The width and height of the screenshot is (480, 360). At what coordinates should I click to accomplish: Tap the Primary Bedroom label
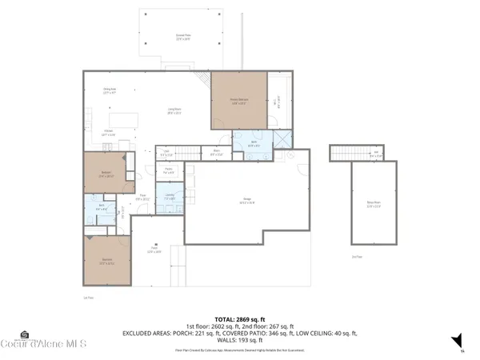[238, 102]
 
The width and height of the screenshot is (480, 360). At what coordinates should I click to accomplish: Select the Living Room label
[171, 113]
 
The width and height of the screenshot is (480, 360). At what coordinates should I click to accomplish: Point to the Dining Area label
[110, 90]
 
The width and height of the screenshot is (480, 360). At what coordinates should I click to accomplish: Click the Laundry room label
[170, 197]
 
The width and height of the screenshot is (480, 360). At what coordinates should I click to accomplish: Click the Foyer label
[141, 198]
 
